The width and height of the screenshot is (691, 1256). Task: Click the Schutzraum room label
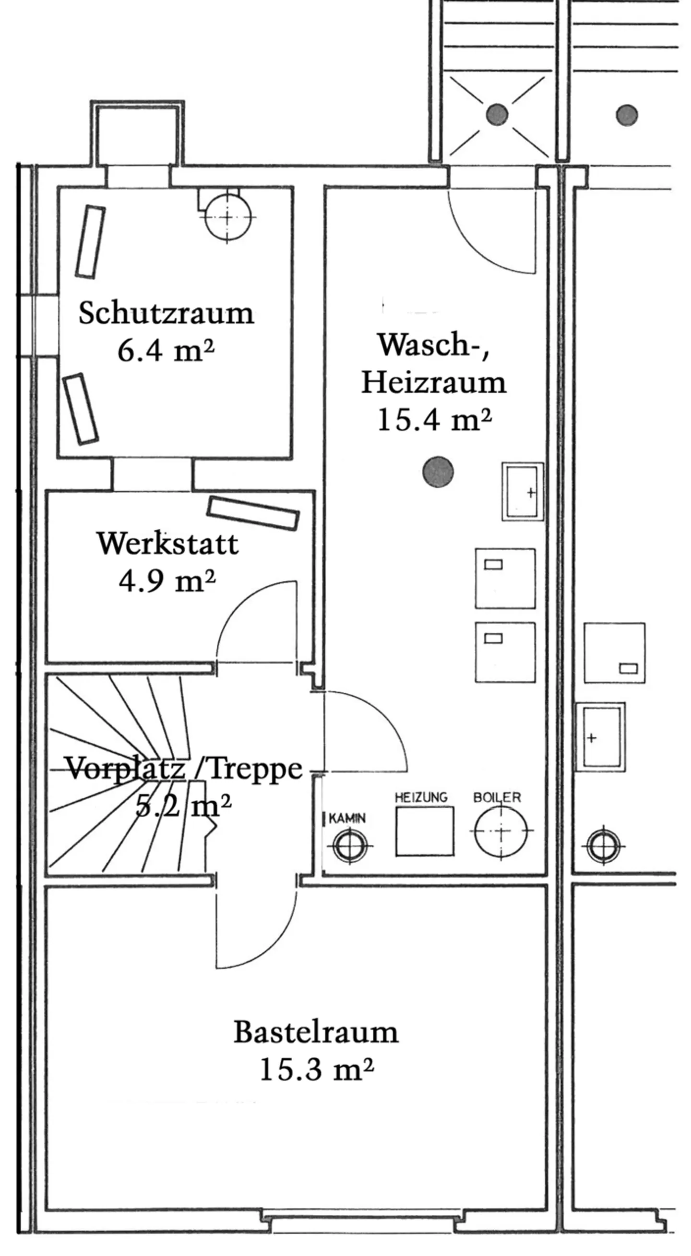point(166,313)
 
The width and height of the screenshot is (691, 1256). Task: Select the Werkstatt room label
point(168,543)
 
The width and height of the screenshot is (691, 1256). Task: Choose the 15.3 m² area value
point(317,1069)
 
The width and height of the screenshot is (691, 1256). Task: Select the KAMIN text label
point(347,818)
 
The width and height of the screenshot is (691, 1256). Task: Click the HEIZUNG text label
point(421,797)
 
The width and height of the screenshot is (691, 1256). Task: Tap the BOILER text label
point(497,797)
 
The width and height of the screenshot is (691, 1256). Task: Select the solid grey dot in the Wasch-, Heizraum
point(438,472)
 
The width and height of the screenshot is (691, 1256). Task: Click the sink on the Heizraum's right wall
point(522,491)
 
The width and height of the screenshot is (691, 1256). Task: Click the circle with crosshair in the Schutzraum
point(228,217)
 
